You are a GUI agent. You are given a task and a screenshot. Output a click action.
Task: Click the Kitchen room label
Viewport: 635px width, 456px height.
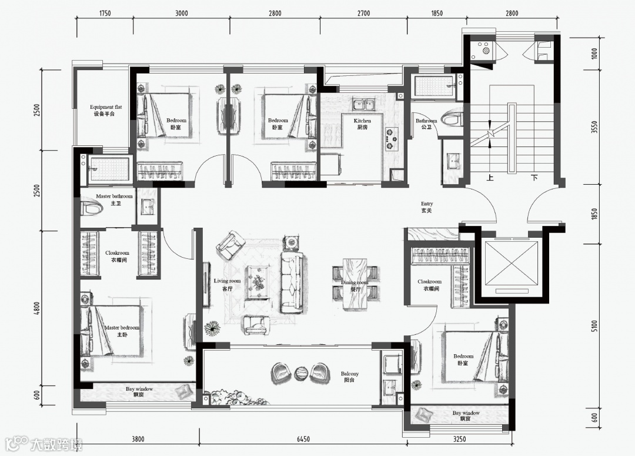(x=362, y=124)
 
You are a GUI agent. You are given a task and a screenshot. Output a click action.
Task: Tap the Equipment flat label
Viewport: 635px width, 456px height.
(x=105, y=110)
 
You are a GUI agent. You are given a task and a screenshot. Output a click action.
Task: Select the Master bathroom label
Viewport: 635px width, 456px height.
(x=115, y=199)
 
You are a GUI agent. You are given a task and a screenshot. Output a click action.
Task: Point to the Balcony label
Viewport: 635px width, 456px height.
(x=349, y=377)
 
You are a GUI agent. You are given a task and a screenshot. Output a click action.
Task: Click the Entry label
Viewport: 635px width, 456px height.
(x=427, y=207)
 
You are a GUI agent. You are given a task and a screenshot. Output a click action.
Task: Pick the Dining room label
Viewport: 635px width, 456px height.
(x=355, y=286)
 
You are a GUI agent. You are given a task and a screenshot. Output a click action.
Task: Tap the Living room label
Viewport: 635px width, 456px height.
(x=227, y=285)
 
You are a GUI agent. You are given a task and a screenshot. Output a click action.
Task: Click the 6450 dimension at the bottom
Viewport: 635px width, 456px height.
(x=303, y=439)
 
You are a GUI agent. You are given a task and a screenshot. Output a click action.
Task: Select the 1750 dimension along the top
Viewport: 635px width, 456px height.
(x=105, y=14)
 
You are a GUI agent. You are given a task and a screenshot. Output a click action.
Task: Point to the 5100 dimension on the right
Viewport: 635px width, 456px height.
(x=594, y=327)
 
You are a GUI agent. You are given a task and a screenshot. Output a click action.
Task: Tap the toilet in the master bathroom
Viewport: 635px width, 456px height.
(x=91, y=208)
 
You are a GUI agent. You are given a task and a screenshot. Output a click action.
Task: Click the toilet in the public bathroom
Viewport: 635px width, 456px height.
(x=451, y=119)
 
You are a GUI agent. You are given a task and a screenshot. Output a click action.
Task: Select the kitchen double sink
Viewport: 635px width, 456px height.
(x=364, y=105)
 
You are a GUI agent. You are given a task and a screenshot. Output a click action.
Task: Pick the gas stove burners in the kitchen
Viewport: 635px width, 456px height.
(x=391, y=139)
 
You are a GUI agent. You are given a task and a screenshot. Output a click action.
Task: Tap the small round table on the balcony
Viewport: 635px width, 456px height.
(x=302, y=373)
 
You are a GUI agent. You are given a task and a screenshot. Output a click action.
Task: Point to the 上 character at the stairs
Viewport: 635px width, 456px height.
(x=490, y=178)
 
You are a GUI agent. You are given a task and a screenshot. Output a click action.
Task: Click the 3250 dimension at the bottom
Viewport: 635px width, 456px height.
(x=459, y=439)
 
